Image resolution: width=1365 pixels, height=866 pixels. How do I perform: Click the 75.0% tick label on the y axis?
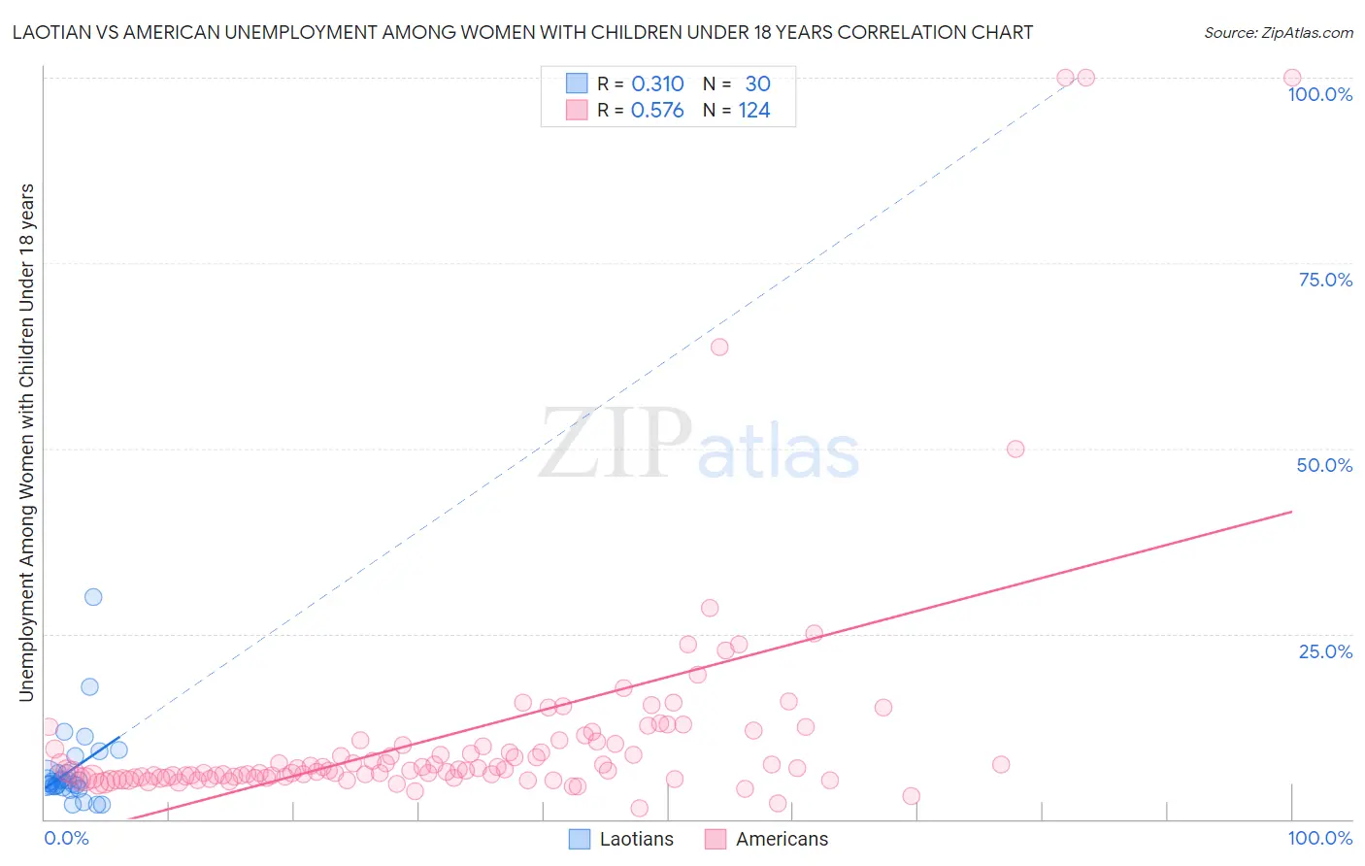[x=1324, y=280]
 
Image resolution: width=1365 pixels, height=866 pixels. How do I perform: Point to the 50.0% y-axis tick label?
[x=1324, y=465]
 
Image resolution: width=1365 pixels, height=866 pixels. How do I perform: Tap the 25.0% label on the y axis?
[x=1324, y=651]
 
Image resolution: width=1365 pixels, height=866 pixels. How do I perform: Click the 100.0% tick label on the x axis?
[x=1319, y=838]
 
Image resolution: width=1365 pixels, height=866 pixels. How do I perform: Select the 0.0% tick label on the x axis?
[x=67, y=838]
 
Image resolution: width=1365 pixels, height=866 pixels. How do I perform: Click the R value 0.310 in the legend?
[x=657, y=84]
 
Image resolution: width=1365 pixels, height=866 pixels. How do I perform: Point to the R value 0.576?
[x=657, y=111]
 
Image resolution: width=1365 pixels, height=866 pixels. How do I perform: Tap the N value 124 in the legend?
[x=754, y=111]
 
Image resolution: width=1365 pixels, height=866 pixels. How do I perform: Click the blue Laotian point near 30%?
[x=93, y=597]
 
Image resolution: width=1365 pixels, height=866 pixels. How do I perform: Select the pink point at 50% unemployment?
[x=1015, y=449]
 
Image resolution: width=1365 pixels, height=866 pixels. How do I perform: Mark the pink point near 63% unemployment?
[x=719, y=347]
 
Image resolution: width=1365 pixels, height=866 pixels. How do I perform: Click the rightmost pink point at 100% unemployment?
[x=1292, y=78]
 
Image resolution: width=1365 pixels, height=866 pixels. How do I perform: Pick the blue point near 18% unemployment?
[x=89, y=686]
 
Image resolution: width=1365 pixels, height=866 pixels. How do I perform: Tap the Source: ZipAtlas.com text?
[x=1278, y=33]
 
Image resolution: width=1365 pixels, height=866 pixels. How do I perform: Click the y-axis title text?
[x=26, y=442]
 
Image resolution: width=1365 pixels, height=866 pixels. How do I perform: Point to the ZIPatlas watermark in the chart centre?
[x=699, y=445]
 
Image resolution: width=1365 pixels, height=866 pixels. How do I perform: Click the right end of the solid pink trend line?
[x=1291, y=511]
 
